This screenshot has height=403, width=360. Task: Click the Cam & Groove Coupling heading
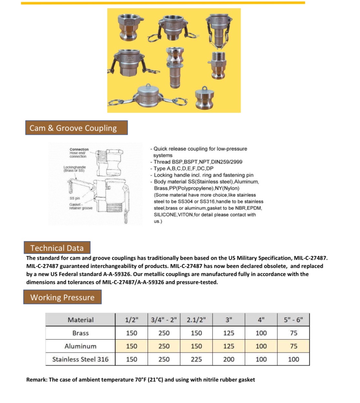point(76,128)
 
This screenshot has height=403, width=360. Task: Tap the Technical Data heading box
point(57,248)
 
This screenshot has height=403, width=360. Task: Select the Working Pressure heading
point(62,297)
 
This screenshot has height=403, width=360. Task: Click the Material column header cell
point(80,320)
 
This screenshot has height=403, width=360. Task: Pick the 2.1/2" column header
point(196,320)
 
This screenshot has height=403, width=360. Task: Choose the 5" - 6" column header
point(293,320)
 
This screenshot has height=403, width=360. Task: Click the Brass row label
point(80,333)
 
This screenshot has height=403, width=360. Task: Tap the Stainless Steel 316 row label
point(80,359)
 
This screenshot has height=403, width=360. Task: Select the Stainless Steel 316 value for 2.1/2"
point(196,359)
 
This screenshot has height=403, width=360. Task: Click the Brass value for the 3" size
point(229,333)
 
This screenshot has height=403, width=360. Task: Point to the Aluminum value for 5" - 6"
point(293,346)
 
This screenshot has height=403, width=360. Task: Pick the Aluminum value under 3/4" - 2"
point(164,346)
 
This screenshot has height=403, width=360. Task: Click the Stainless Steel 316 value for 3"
point(229,359)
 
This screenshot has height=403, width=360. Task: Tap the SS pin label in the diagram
point(75,198)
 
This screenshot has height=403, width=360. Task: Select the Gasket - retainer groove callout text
point(80,206)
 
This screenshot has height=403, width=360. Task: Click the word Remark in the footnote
point(36,380)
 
